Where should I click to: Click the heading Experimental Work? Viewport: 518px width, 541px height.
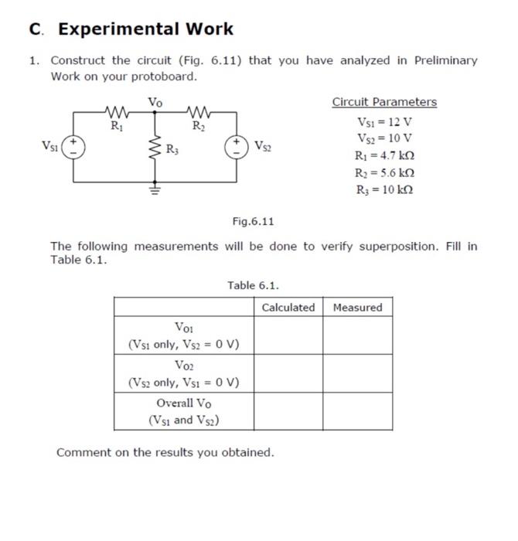point(145,29)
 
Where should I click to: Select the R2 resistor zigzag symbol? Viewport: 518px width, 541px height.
point(199,113)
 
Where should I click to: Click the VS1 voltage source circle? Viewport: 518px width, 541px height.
point(74,147)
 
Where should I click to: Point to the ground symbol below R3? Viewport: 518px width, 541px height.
point(154,187)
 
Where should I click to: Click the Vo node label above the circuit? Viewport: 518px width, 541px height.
point(155,101)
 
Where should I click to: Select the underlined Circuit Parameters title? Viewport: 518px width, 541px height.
point(384,102)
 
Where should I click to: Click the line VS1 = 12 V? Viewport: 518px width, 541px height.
point(384,121)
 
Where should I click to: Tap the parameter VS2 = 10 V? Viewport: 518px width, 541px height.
point(384,138)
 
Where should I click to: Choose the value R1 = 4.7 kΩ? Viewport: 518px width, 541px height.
point(384,156)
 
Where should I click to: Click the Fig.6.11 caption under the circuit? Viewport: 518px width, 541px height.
point(254,222)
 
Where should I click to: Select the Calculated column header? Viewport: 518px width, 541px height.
point(288,308)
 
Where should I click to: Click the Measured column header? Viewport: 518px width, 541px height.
point(358,308)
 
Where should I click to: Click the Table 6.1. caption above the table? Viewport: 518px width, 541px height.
point(253,285)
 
